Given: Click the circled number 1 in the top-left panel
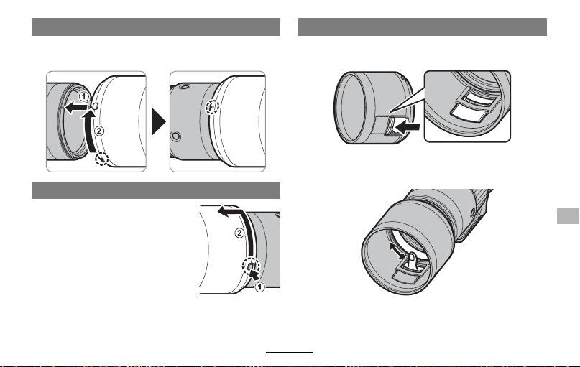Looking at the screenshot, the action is click(84, 97).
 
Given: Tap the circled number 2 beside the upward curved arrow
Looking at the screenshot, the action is click(99, 131).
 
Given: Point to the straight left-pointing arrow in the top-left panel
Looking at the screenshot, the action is click(76, 108).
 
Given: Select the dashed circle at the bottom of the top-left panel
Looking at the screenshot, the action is click(102, 159).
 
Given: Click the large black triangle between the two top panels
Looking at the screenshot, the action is click(159, 121).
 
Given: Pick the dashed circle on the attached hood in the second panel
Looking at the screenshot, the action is click(212, 107).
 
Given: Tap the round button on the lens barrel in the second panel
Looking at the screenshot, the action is click(176, 136).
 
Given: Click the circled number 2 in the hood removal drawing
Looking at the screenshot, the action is click(240, 233).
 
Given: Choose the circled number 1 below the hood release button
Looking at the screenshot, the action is click(260, 287).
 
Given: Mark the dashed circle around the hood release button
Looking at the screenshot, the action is click(251, 266).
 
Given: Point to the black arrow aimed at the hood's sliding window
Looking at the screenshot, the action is click(408, 128).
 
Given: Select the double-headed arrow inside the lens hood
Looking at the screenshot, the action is click(397, 251).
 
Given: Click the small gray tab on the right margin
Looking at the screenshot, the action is click(568, 216).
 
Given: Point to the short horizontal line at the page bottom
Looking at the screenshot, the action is click(290, 352).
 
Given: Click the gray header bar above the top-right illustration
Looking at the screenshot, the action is click(423, 27).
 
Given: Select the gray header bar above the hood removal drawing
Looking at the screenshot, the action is click(156, 190).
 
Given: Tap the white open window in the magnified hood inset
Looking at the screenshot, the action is click(469, 112).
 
